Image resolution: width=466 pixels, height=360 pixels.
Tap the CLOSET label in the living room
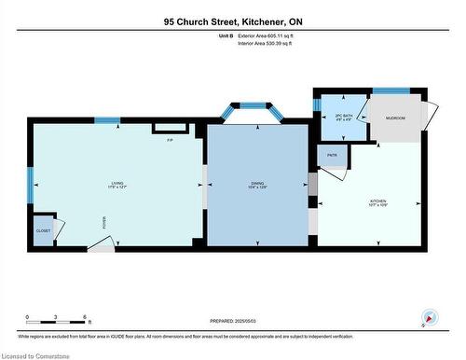pos(43,230)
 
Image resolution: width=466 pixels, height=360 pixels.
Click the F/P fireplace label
pos(170,140)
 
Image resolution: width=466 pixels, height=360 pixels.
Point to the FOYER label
pos(104,222)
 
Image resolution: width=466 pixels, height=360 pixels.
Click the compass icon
pos(429,318)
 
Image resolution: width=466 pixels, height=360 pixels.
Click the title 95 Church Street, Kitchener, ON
pos(232,21)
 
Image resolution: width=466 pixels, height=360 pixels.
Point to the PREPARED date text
pos(232,319)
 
